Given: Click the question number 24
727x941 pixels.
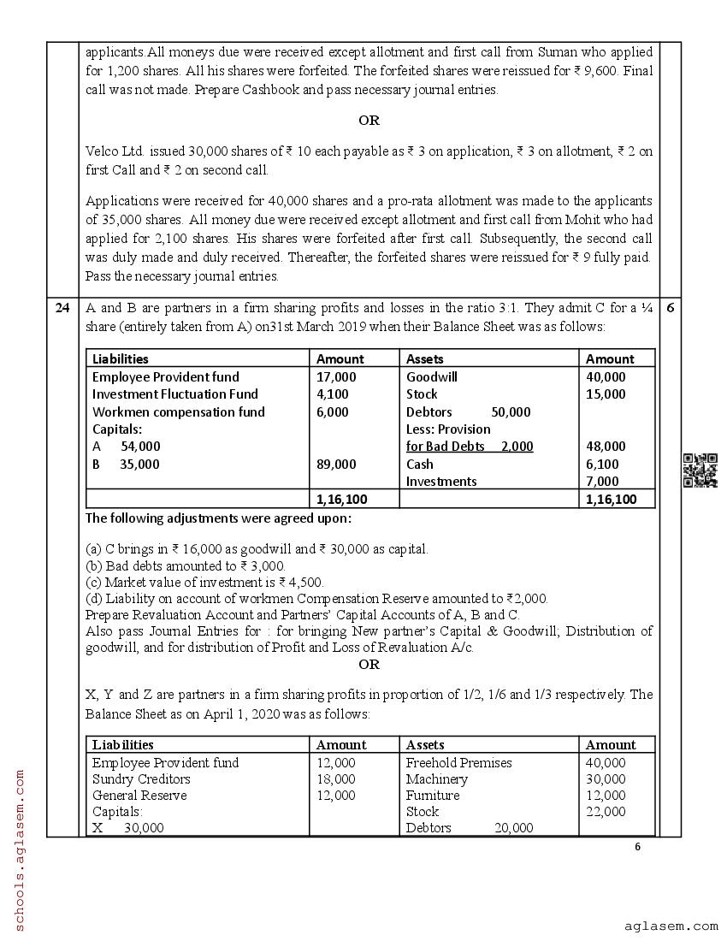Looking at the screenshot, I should coord(62,309).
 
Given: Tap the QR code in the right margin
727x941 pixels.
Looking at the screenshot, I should coord(700,470).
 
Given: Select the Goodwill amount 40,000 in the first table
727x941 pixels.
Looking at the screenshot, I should coord(606,376).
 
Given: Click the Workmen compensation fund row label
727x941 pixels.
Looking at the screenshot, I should coord(178,411).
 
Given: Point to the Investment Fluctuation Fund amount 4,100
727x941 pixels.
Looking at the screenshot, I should coord(333,394).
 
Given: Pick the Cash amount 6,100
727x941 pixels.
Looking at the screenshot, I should coord(602,464).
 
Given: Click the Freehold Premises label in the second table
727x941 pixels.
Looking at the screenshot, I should coord(458,762).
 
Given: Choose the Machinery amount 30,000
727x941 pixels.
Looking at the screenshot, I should coord(606,778).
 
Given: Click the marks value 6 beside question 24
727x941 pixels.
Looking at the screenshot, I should coord(670,309).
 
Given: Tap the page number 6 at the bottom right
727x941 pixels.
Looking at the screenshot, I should coord(637,847).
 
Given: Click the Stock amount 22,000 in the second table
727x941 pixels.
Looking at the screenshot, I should coord(606,811).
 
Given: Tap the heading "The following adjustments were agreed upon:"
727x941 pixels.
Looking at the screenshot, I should coord(218,518).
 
